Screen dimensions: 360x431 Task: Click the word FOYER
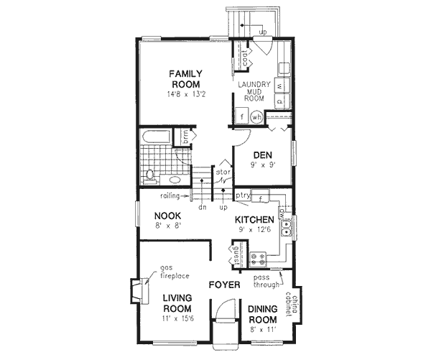point(223,285)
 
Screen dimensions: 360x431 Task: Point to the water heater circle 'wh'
point(256,116)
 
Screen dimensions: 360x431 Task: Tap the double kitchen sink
point(287,229)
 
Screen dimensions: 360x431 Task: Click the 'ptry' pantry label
point(242,195)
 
